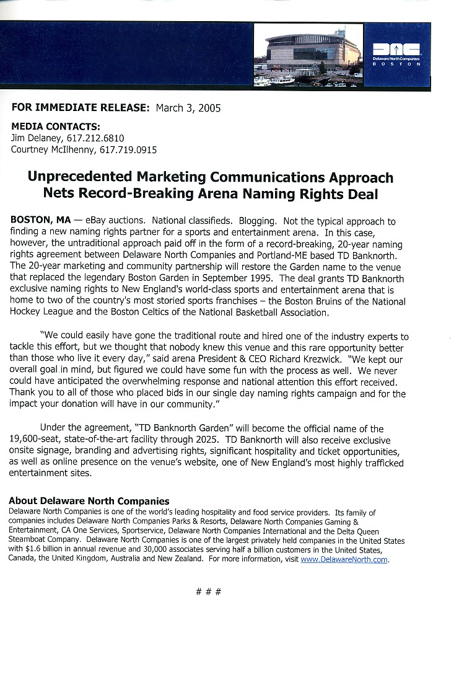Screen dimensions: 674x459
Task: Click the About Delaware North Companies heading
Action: tap(89, 501)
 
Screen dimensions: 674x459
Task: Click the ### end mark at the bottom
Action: tap(208, 592)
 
